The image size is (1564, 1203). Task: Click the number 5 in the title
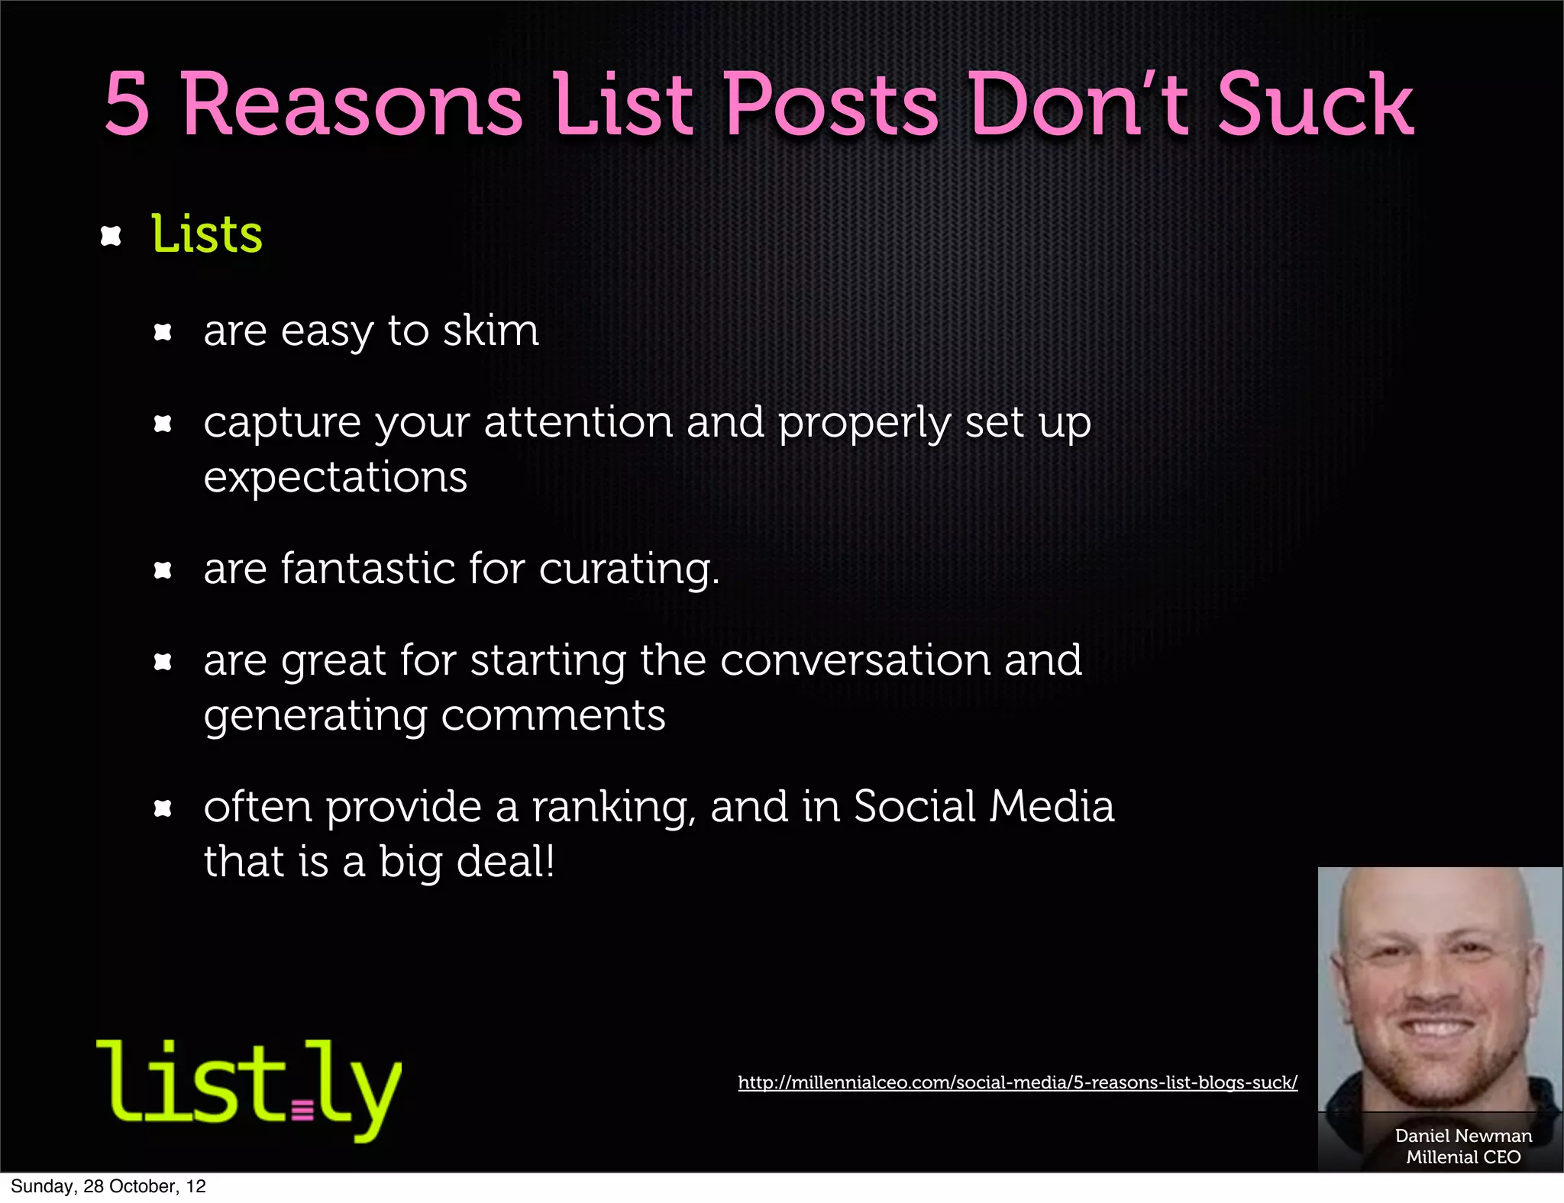point(127,105)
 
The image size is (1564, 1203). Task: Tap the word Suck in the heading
point(1315,105)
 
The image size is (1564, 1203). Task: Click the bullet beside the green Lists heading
point(111,236)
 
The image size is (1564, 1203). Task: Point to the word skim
point(491,331)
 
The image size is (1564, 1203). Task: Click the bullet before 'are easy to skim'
point(163,332)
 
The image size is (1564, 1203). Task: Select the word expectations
point(335,478)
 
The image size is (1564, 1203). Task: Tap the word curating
point(629,569)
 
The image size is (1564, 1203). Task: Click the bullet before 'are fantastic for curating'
point(163,570)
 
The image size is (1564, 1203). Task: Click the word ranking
point(613,808)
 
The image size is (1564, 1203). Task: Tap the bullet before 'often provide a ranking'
point(163,808)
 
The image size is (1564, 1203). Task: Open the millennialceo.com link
point(1017,1082)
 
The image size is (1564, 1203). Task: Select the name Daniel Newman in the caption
point(1463,1136)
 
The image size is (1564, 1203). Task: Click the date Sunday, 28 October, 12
point(108,1186)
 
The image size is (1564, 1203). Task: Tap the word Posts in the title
point(831,105)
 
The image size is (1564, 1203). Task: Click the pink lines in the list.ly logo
point(302,1109)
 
